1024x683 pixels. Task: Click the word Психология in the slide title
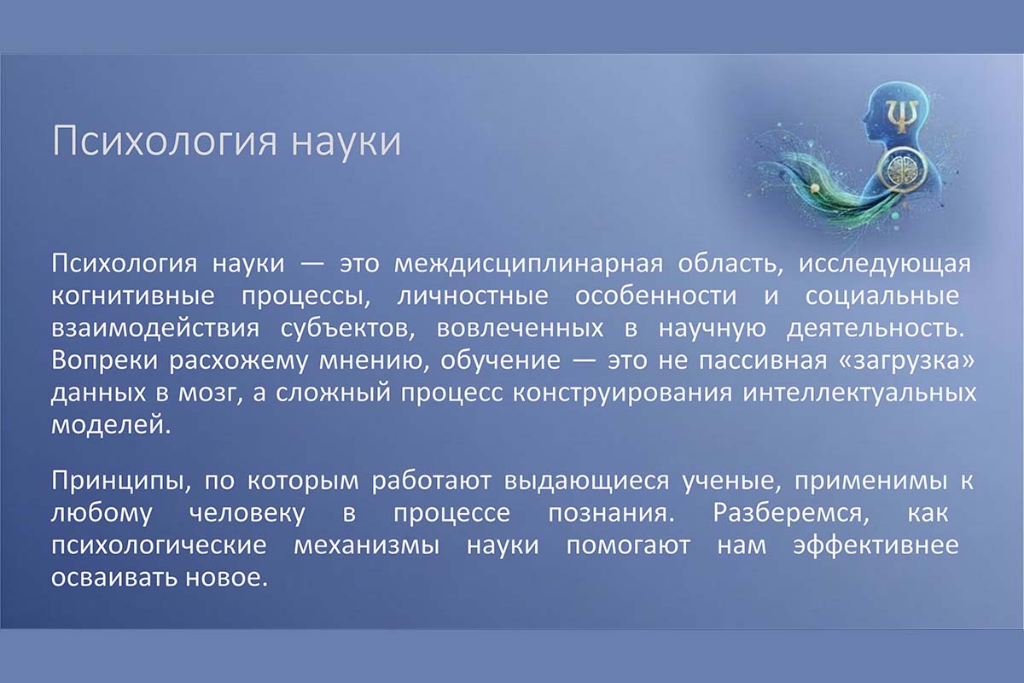click(x=165, y=142)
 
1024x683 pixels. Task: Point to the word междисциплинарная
click(x=528, y=265)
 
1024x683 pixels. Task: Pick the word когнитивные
click(x=133, y=296)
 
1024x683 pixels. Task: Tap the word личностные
click(x=473, y=296)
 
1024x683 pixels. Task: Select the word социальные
click(x=882, y=297)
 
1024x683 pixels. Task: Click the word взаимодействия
click(x=155, y=329)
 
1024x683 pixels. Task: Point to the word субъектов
click(x=347, y=329)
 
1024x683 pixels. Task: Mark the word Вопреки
click(x=104, y=361)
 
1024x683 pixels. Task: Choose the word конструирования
click(x=622, y=394)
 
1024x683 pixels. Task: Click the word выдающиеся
click(x=586, y=482)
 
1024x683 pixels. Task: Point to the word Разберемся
click(x=791, y=513)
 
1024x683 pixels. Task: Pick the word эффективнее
click(x=876, y=546)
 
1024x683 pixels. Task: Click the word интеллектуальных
click(x=859, y=394)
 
